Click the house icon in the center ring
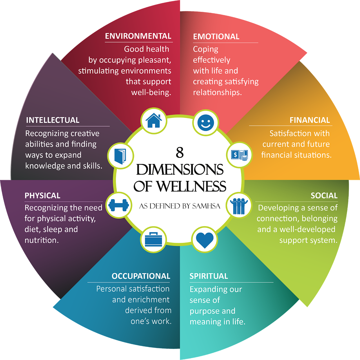point(154,121)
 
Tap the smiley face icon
point(206,122)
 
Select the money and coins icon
point(239,155)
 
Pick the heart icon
point(205,240)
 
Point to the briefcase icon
point(154,239)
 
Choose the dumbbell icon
point(119,205)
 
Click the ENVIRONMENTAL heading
point(138,36)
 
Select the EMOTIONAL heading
point(216,37)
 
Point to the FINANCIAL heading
point(310,120)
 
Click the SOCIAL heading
point(324,196)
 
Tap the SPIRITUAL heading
point(209,276)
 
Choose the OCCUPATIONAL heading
point(141,276)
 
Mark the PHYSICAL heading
point(42,196)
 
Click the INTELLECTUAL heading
point(53,120)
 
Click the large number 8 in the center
point(180,153)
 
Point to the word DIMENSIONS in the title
point(180,170)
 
